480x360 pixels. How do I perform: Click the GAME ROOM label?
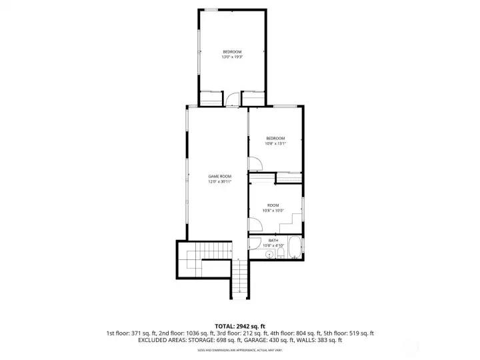219,176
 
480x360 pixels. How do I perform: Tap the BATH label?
273,240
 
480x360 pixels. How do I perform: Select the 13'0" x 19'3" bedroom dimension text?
232,57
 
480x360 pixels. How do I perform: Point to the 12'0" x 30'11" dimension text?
219,181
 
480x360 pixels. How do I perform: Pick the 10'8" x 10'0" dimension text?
273,211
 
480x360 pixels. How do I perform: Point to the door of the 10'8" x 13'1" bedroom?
254,164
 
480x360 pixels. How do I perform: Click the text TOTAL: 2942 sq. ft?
239,325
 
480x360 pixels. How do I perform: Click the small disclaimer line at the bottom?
239,350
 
